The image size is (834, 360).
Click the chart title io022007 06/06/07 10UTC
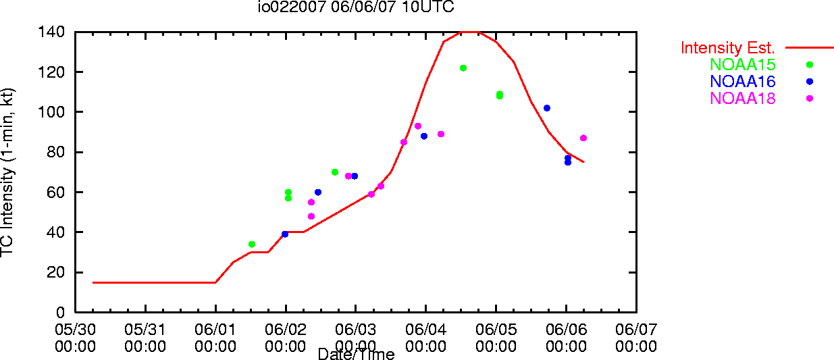pyautogui.click(x=356, y=7)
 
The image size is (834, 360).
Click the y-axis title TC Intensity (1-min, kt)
pyautogui.click(x=7, y=172)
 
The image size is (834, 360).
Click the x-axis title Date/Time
pyautogui.click(x=356, y=354)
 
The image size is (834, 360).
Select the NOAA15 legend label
pyautogui.click(x=743, y=65)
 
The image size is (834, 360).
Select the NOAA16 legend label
pyautogui.click(x=743, y=82)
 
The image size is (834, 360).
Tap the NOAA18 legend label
pyautogui.click(x=743, y=99)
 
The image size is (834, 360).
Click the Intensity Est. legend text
pyautogui.click(x=728, y=48)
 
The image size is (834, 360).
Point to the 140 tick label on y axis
pyautogui.click(x=51, y=32)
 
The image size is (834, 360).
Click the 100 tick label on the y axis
pyautogui.click(x=51, y=111)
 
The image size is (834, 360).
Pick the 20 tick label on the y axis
pyautogui.click(x=56, y=272)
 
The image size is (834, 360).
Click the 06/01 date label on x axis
pyautogui.click(x=215, y=330)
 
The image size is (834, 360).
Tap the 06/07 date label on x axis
pyautogui.click(x=636, y=330)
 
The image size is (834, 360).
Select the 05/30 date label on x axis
pyautogui.click(x=75, y=330)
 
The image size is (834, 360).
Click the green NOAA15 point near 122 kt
pyautogui.click(x=463, y=68)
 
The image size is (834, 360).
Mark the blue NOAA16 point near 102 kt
pyautogui.click(x=547, y=108)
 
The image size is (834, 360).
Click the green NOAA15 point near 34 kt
pyautogui.click(x=252, y=245)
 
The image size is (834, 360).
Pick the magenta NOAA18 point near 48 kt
pyautogui.click(x=311, y=216)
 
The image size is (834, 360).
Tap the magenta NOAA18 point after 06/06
pyautogui.click(x=583, y=138)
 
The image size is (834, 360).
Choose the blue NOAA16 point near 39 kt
pyautogui.click(x=285, y=234)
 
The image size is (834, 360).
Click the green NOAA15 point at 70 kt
pyautogui.click(x=335, y=172)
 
